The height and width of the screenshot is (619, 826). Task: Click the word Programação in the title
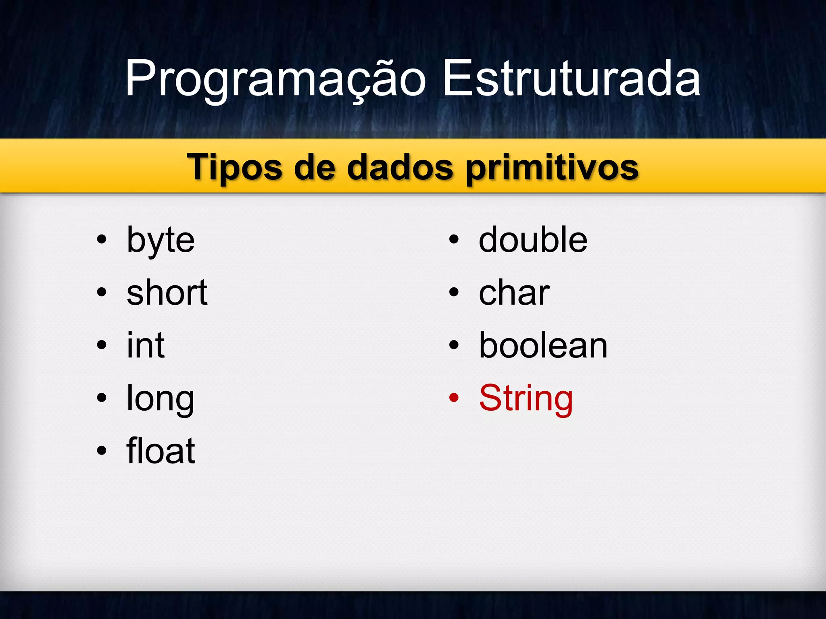[x=275, y=79]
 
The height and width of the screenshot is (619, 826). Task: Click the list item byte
[x=161, y=241]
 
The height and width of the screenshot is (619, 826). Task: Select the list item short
[x=167, y=293]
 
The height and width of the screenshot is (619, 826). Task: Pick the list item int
[x=146, y=345]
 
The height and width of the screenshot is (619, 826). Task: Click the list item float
[x=161, y=451]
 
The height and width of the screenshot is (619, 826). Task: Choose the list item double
[x=533, y=240]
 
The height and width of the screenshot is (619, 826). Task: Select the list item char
[x=514, y=293]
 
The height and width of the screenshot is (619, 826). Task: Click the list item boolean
[x=543, y=345]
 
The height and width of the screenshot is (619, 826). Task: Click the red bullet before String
[x=454, y=398]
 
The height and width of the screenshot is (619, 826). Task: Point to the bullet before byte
[x=102, y=240]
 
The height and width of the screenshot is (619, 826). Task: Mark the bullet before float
[x=102, y=451]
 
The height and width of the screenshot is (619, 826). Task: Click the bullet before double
[x=454, y=240]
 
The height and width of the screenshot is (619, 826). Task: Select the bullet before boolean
[x=454, y=345]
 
